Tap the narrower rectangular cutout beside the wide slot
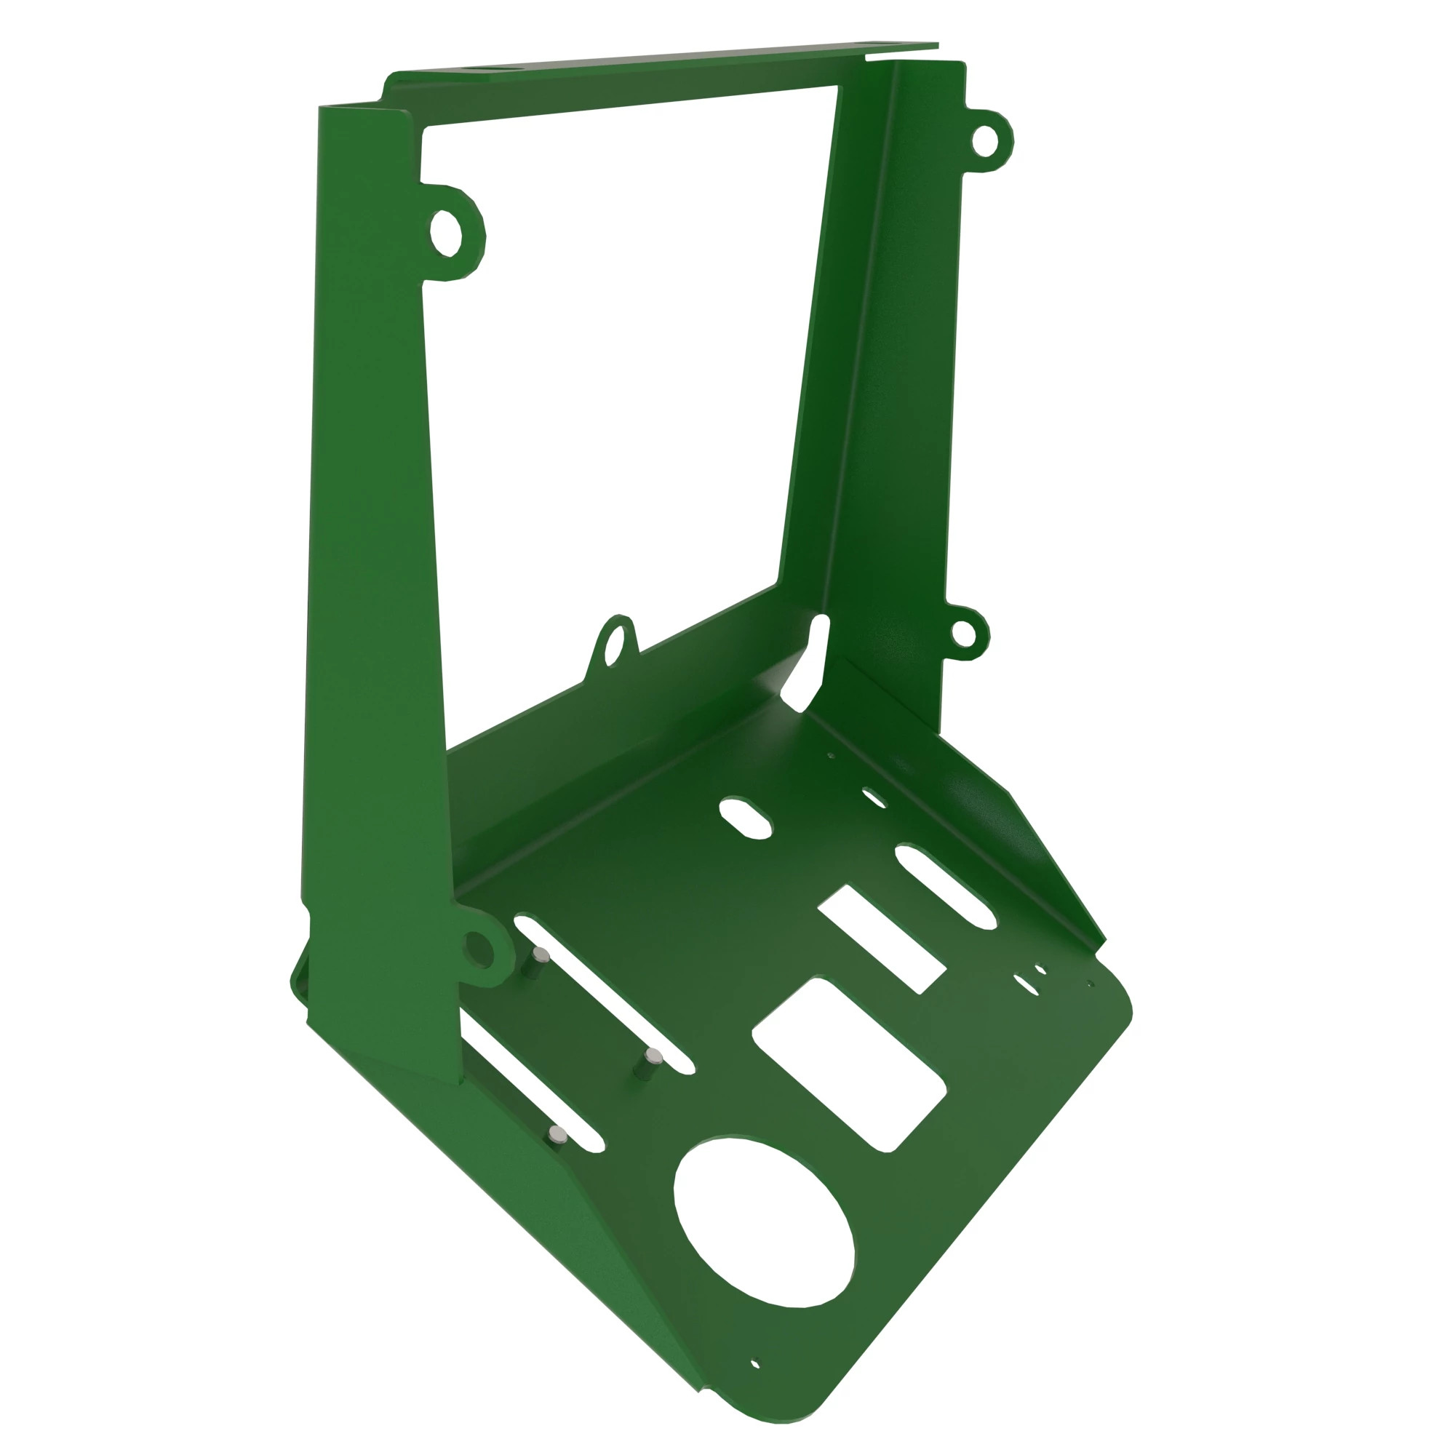click(882, 939)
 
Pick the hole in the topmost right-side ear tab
click(984, 141)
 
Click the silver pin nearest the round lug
click(541, 957)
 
